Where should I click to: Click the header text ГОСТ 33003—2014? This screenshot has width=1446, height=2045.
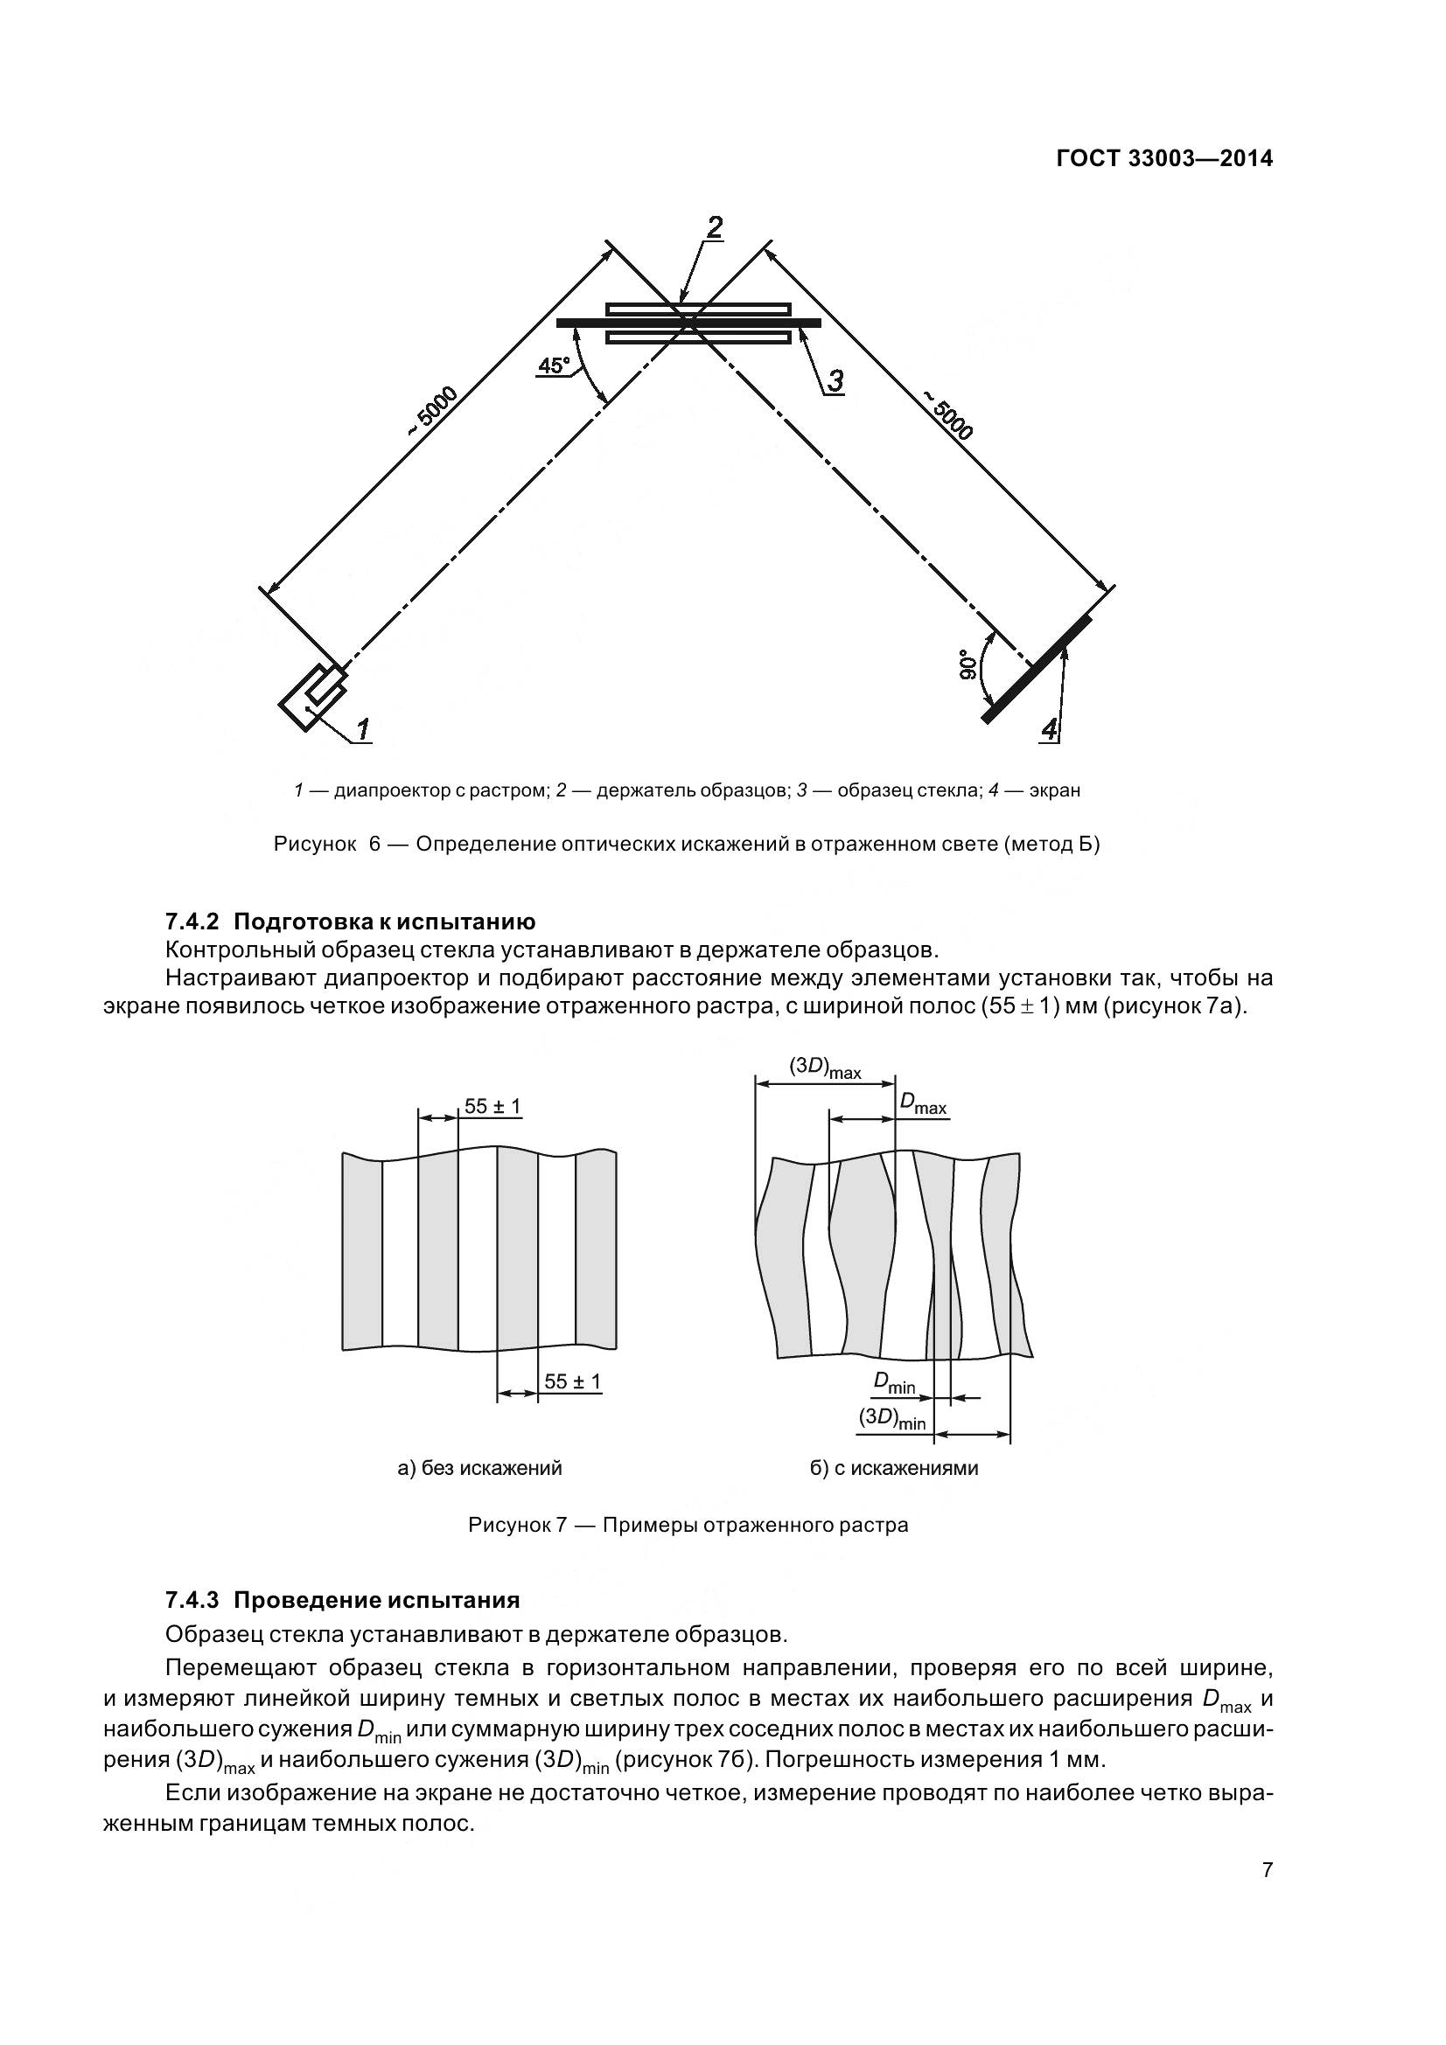point(1164,158)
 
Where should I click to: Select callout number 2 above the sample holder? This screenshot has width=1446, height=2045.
point(714,227)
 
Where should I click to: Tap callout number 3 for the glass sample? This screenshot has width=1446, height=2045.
point(834,381)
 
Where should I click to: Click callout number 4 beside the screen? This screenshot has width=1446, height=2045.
point(1050,730)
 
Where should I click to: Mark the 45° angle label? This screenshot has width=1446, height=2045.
point(553,365)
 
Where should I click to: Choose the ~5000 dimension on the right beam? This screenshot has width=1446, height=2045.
point(947,415)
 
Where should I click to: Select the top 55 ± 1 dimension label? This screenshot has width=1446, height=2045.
point(492,1106)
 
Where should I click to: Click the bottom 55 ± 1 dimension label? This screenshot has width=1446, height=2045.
point(572,1381)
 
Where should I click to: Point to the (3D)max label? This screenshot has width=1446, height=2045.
point(825,1068)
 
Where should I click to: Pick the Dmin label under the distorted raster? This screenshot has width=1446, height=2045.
point(894,1383)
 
